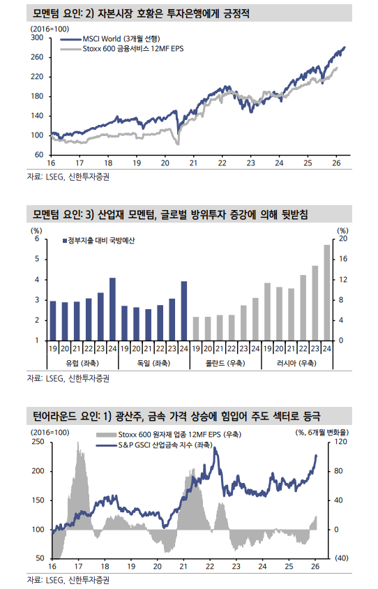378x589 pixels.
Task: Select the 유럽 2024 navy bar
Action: [x=112, y=308]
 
